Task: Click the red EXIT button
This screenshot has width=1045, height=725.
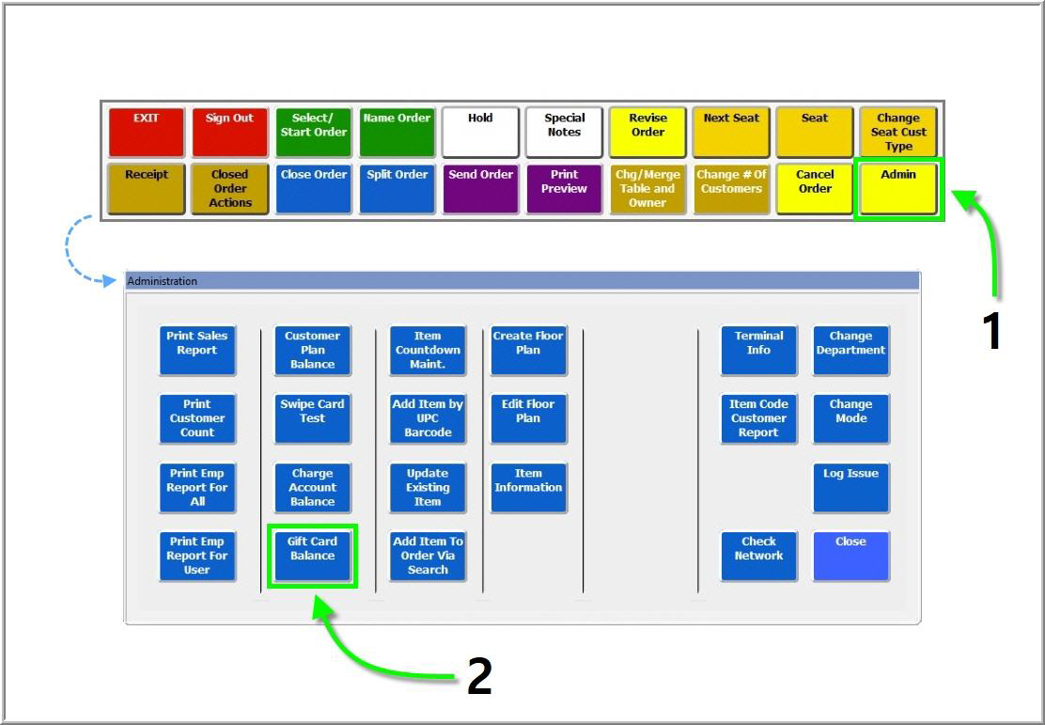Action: click(146, 132)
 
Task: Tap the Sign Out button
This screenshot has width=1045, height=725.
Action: click(229, 132)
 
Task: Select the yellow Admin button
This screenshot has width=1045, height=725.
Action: click(898, 188)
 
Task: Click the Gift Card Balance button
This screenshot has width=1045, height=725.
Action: click(312, 556)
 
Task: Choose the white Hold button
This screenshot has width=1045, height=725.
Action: click(480, 132)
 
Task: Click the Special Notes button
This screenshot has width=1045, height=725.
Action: click(564, 132)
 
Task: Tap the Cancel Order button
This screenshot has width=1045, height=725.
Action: click(815, 188)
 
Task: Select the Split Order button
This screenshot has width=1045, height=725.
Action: click(397, 188)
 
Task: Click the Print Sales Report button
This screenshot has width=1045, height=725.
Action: click(196, 350)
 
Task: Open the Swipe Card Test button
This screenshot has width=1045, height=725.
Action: click(312, 418)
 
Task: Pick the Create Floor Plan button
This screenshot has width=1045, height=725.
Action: click(528, 350)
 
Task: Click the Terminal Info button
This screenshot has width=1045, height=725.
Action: click(758, 350)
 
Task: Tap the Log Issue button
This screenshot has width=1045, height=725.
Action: click(850, 487)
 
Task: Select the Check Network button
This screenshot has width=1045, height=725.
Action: click(758, 556)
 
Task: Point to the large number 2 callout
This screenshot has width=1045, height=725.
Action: click(479, 676)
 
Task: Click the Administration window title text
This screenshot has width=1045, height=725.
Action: click(163, 281)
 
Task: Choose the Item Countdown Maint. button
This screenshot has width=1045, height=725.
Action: click(428, 350)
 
